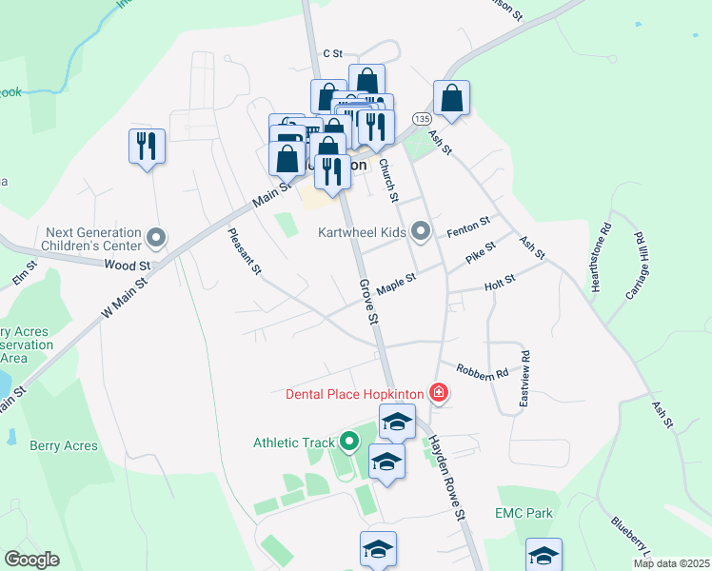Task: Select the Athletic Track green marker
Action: pos(348,442)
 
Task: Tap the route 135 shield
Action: pos(422,117)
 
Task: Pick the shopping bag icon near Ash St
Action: pos(451,98)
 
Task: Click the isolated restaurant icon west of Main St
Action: pos(147,147)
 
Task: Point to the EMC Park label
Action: pos(524,514)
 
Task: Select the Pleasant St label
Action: pos(245,251)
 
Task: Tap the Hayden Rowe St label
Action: pos(445,476)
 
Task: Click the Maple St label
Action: pos(397,284)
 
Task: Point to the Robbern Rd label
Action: pos(482,371)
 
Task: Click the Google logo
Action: pos(31,560)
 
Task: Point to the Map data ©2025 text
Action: pos(670,563)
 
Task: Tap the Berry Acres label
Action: pos(58,445)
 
